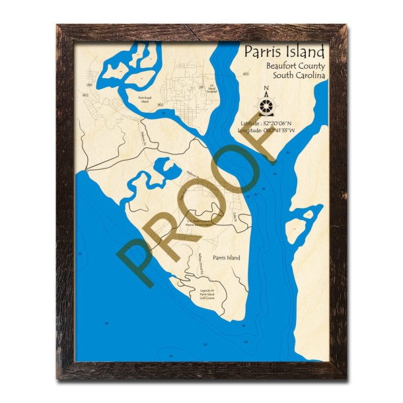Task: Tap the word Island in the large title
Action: click(305, 53)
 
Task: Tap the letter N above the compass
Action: click(266, 91)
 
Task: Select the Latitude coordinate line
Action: click(273, 124)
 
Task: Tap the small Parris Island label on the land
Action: click(227, 257)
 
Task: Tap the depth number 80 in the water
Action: click(205, 345)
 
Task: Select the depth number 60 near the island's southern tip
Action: click(243, 326)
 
